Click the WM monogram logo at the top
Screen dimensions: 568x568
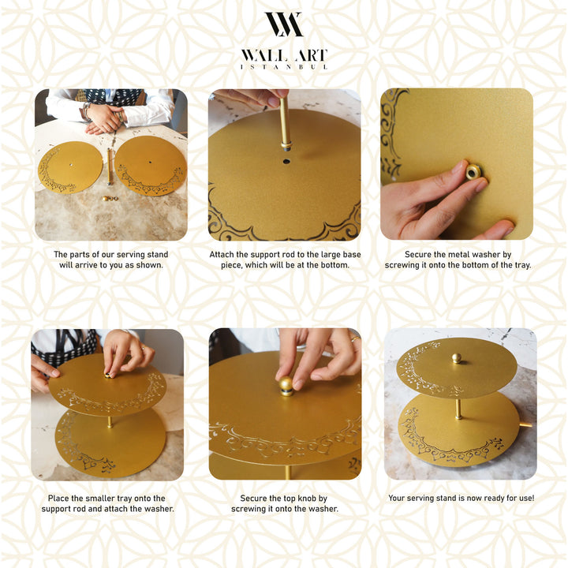[283, 24]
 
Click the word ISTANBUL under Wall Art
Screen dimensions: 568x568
[283, 67]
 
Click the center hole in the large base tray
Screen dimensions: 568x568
[286, 162]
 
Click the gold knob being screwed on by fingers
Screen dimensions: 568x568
[286, 386]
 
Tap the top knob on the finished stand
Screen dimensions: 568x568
[456, 358]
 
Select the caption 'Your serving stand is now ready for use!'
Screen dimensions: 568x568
[461, 499]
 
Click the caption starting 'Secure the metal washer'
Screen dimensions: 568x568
[458, 260]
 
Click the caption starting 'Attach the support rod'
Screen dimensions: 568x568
[284, 260]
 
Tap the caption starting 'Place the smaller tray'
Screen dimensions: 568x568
[110, 503]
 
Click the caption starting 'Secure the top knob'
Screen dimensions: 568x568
[284, 503]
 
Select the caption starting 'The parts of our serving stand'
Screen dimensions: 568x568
[110, 260]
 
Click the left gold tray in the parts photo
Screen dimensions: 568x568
[69, 167]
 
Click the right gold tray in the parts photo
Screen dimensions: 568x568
[151, 165]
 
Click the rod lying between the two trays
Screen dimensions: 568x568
[110, 167]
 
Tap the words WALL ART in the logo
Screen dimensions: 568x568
[283, 56]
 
